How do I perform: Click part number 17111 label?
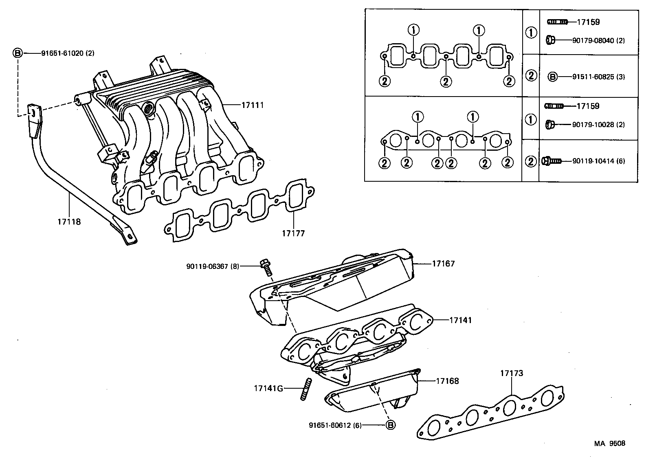tap(253, 105)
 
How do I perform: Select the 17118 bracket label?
tap(69, 222)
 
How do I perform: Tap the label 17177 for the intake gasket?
tap(293, 233)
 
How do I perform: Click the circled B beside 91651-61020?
tap(18, 53)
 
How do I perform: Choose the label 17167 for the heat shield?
tap(443, 264)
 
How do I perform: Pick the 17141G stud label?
tap(268, 388)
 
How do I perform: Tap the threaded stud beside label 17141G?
tap(306, 389)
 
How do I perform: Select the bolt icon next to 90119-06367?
tap(266, 267)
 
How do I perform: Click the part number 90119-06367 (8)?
tap(213, 266)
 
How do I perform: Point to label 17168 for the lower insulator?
tap(447, 381)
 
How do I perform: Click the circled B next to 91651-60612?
tap(390, 425)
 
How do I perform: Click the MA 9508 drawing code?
tap(609, 443)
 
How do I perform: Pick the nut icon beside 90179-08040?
tap(549, 40)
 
